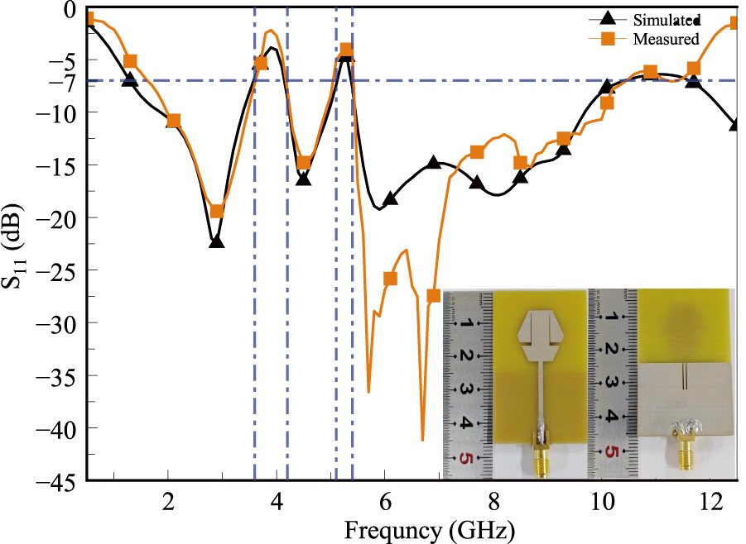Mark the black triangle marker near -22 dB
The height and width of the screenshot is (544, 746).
pyautogui.click(x=216, y=242)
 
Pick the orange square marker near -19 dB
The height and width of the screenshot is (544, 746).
pyautogui.click(x=216, y=212)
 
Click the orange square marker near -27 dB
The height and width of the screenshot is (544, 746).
pyautogui.click(x=433, y=296)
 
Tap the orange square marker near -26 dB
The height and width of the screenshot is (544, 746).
pyautogui.click(x=390, y=279)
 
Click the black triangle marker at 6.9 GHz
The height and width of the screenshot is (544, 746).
pyautogui.click(x=433, y=163)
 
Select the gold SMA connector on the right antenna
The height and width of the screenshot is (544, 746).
pyautogui.click(x=686, y=454)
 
